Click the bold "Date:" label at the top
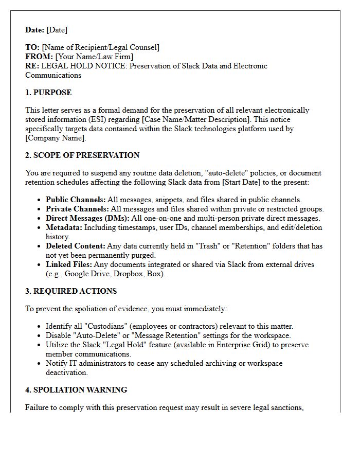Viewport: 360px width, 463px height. (x=35, y=30)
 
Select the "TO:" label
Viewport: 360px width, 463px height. (x=32, y=47)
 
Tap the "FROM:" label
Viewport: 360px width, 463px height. (x=39, y=57)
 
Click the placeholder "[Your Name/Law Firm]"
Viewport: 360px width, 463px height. (x=94, y=57)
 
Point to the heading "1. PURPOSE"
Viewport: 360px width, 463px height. (x=48, y=93)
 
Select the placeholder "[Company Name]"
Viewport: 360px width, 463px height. (x=56, y=138)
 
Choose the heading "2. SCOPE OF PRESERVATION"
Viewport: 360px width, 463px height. (x=82, y=155)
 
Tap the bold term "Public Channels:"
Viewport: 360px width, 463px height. (x=76, y=200)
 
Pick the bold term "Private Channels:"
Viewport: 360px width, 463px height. (x=77, y=209)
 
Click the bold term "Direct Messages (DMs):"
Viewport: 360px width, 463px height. (x=86, y=218)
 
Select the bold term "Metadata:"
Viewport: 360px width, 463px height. (x=64, y=227)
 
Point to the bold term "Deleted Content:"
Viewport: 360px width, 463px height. (x=76, y=246)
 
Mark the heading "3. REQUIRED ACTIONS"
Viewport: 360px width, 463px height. (x=71, y=291)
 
